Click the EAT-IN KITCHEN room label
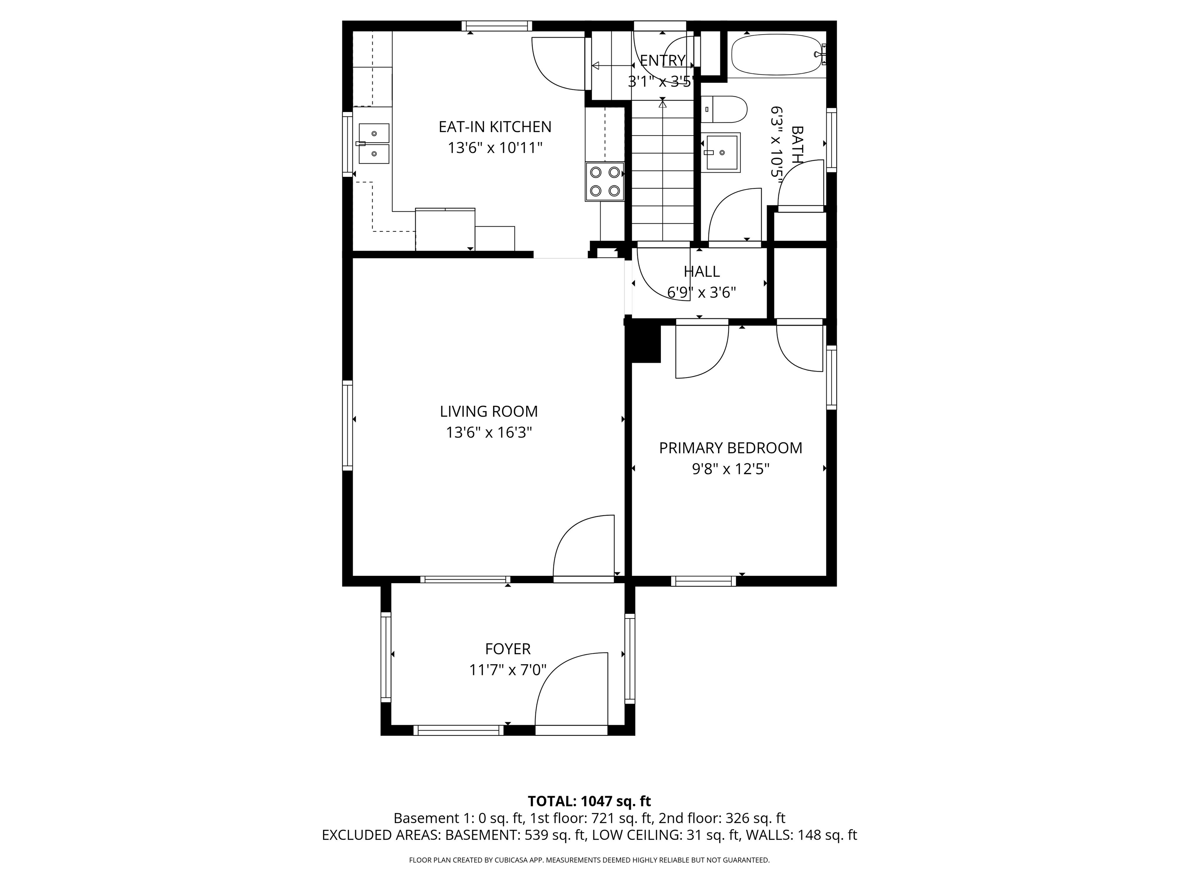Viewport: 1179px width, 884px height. tap(495, 127)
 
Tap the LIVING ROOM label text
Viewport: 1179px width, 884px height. tap(489, 411)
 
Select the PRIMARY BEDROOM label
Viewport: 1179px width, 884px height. tap(731, 448)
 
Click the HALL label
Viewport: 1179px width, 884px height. tap(702, 272)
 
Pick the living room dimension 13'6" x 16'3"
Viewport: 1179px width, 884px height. tap(489, 432)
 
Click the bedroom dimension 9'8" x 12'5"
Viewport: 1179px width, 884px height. tap(731, 469)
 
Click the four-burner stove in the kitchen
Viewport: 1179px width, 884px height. tap(604, 181)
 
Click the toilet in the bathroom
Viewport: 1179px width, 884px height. tap(724, 109)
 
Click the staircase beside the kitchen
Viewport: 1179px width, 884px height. tap(663, 170)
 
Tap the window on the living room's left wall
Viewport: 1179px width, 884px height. tap(347, 426)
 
